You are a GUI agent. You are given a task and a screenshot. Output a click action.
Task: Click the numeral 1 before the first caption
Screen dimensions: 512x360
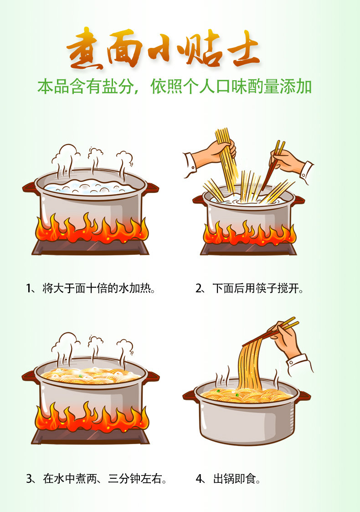[28, 289]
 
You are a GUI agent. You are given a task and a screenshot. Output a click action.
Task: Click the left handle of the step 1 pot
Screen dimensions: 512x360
[28, 187]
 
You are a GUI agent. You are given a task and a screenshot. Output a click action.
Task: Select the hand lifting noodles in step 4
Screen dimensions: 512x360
[284, 340]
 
